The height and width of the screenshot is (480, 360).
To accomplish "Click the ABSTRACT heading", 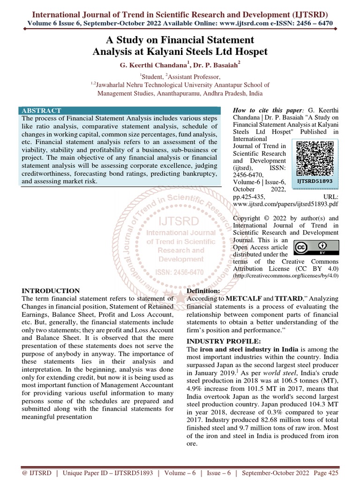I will (x=41, y=111).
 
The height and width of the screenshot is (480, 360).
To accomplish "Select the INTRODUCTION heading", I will (x=51, y=291).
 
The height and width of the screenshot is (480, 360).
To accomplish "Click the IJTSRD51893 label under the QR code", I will (x=315, y=180).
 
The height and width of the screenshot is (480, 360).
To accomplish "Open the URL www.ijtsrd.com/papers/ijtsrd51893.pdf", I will (x=285, y=204).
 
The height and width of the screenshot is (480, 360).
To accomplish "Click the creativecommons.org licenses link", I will (x=286, y=276).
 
